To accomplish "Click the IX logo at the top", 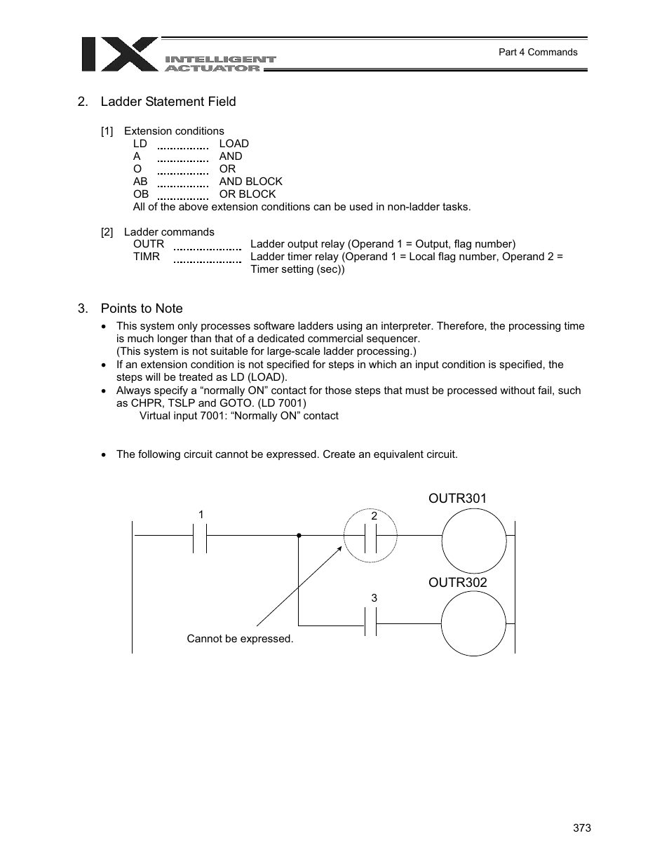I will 119,55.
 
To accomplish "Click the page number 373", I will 581,828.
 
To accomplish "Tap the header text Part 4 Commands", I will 538,52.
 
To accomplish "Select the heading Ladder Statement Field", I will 168,102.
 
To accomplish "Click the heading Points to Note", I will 142,309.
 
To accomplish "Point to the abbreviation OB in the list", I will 141,194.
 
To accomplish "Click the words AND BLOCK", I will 250,182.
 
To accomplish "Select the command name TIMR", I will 147,257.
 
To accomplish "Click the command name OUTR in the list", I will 149,244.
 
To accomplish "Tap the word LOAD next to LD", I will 234,144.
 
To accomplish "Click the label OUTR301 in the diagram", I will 458,499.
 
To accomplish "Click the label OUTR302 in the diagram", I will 458,583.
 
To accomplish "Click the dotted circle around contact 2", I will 370,536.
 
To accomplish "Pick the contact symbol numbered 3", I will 371,622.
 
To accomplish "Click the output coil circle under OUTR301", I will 474,541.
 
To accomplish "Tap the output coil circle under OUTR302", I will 473,623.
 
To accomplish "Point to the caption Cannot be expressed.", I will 240,639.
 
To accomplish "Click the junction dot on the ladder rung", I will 299,535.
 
